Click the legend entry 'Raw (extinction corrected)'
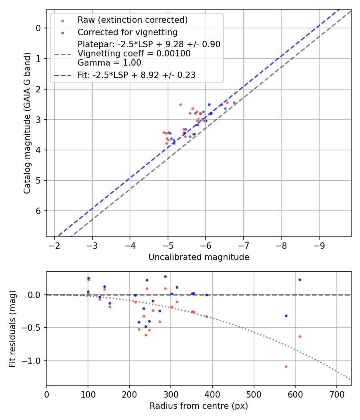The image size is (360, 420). (132, 20)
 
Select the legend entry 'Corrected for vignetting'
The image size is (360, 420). (127, 32)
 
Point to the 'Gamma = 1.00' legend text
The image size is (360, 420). (109, 63)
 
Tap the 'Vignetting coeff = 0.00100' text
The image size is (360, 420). (134, 54)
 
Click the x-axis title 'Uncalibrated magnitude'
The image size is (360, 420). (199, 257)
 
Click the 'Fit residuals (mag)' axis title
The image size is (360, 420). (12, 328)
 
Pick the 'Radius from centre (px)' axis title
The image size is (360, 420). (199, 406)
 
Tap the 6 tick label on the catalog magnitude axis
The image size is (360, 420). (39, 211)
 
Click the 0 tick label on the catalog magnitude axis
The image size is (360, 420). (39, 28)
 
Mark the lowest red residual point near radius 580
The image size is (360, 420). (286, 366)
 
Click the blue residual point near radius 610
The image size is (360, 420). (300, 280)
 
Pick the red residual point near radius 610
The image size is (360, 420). (300, 336)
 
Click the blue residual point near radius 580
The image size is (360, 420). (286, 316)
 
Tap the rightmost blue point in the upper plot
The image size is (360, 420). (234, 102)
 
